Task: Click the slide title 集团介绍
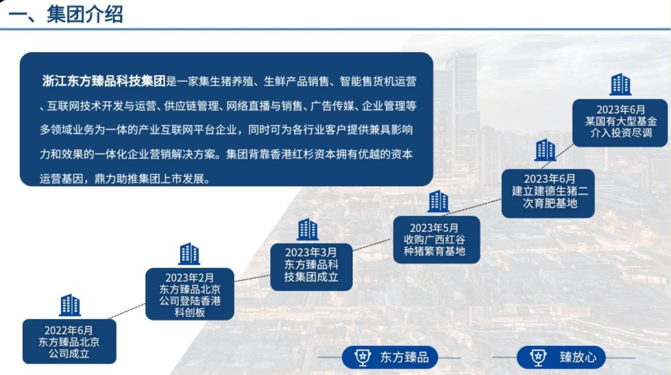click(x=85, y=14)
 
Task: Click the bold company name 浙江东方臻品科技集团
click(x=104, y=81)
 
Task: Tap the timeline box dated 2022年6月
click(x=69, y=341)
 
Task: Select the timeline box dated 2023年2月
click(x=190, y=294)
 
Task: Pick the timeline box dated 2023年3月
click(x=311, y=267)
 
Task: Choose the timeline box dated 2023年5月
click(x=436, y=240)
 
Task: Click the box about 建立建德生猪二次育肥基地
click(x=548, y=194)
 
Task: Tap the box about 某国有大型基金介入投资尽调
click(x=620, y=123)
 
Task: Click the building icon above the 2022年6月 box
click(x=70, y=305)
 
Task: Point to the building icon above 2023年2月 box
click(x=189, y=254)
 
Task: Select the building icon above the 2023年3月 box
click(x=308, y=229)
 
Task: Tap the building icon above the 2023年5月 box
click(x=438, y=201)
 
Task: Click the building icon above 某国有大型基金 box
click(x=621, y=84)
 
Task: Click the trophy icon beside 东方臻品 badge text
click(x=363, y=357)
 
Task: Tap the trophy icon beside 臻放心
click(x=538, y=357)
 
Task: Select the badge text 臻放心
click(x=578, y=357)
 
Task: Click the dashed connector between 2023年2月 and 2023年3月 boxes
click(x=252, y=278)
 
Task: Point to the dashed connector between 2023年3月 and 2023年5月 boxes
click(x=373, y=245)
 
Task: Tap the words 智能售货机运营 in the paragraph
click(x=378, y=81)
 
